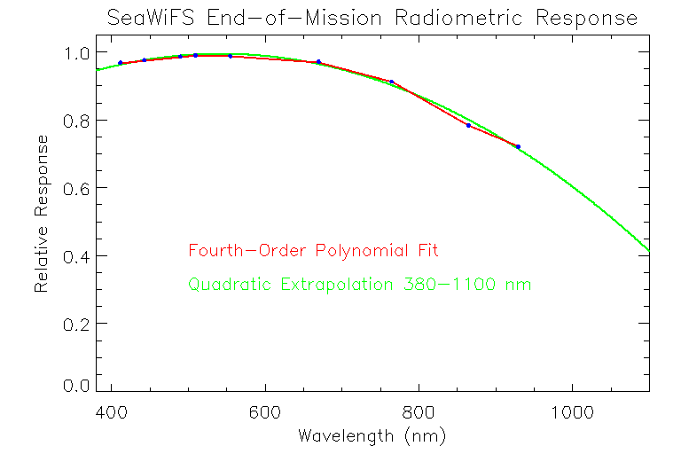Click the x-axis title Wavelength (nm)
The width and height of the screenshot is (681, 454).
[372, 436]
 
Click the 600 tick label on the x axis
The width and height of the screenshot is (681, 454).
[264, 412]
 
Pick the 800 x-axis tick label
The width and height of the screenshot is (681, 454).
[418, 412]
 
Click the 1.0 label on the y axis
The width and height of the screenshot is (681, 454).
[78, 52]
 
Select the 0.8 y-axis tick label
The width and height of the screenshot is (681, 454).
[78, 121]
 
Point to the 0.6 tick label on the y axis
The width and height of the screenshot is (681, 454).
[78, 188]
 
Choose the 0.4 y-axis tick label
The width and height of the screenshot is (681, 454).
[78, 256]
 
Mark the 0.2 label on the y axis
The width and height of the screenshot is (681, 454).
[78, 324]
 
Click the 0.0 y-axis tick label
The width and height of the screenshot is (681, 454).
[78, 387]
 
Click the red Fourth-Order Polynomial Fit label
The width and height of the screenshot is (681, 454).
[313, 251]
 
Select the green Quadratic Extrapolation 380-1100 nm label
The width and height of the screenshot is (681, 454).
[359, 285]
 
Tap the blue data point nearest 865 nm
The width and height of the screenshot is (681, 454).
[468, 125]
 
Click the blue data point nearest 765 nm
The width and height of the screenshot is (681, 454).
[391, 82]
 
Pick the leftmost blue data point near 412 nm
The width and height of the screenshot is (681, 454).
[121, 63]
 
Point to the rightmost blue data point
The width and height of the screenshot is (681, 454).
[518, 146]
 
